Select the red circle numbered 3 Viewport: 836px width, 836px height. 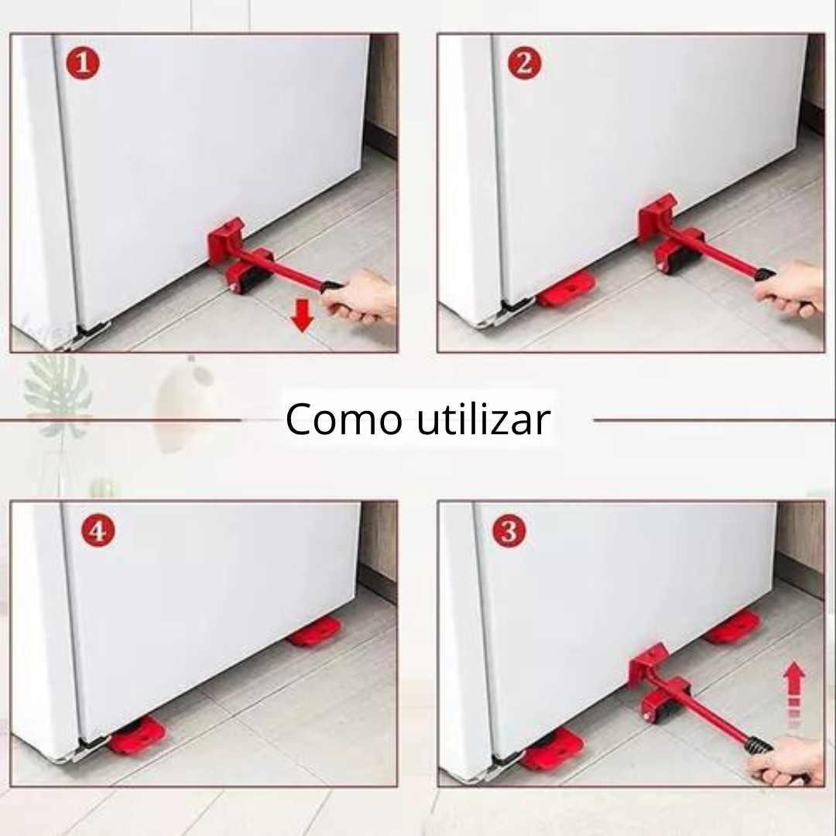[509, 531]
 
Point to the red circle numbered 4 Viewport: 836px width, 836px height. [98, 532]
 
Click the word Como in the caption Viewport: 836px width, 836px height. [344, 420]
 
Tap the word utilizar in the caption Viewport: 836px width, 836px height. [483, 420]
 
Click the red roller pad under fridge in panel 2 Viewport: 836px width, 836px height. [567, 290]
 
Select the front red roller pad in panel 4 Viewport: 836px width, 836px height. [137, 735]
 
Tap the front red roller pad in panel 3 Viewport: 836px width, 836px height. [553, 749]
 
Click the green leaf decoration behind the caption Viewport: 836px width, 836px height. [58, 391]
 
